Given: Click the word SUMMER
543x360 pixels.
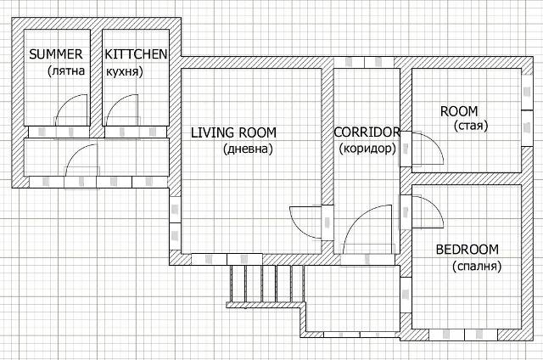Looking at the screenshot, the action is coord(56,54).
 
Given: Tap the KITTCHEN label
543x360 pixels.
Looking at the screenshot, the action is coord(136,54).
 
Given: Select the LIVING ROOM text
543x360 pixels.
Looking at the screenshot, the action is coord(234,132).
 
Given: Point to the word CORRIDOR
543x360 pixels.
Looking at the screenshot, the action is coord(367,132).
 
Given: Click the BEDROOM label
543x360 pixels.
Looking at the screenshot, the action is coord(467,250).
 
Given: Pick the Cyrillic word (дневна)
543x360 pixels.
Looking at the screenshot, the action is coord(249,149).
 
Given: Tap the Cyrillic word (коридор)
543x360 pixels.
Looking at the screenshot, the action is coord(367,149).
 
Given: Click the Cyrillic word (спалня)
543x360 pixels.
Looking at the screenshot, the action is coord(477,266).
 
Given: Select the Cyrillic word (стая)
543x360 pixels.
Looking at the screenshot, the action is coord(471,126).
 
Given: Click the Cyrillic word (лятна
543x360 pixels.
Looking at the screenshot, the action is coord(66,71).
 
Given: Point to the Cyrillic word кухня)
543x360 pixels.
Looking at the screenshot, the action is coord(125,71).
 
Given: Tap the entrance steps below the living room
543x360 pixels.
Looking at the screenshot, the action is coord(266,284).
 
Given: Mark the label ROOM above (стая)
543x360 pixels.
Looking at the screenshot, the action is coord(459,111).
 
